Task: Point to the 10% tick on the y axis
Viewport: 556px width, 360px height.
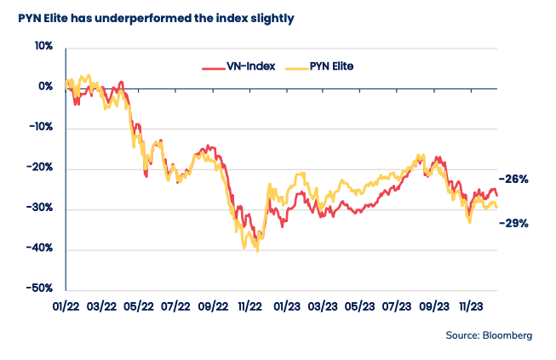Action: tap(43, 47)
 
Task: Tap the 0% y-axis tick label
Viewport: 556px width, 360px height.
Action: tap(45, 87)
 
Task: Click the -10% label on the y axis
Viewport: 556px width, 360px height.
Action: tap(41, 128)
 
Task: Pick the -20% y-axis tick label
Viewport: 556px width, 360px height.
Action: tap(41, 168)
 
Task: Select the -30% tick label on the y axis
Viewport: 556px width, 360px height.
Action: tap(41, 209)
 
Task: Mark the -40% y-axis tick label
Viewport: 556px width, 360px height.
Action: tap(41, 249)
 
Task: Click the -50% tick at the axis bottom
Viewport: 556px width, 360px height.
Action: tap(41, 289)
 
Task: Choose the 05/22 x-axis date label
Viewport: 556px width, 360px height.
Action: tap(140, 305)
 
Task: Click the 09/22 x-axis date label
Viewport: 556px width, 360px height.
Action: tap(214, 305)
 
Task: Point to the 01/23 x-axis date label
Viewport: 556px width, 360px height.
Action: tap(287, 305)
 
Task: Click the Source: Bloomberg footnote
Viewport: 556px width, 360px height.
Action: tap(489, 335)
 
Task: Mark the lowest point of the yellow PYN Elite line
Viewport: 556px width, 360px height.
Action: tap(257, 251)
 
